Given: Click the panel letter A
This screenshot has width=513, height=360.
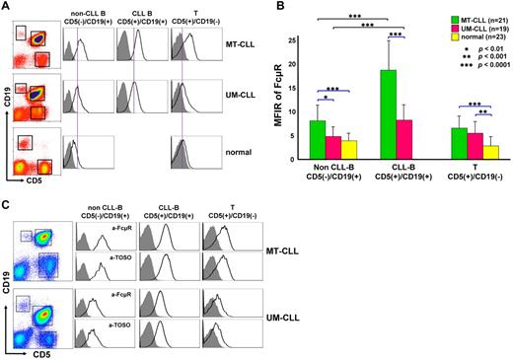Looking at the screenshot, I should (7, 7).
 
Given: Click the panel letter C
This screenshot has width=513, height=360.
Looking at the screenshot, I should (7, 204).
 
